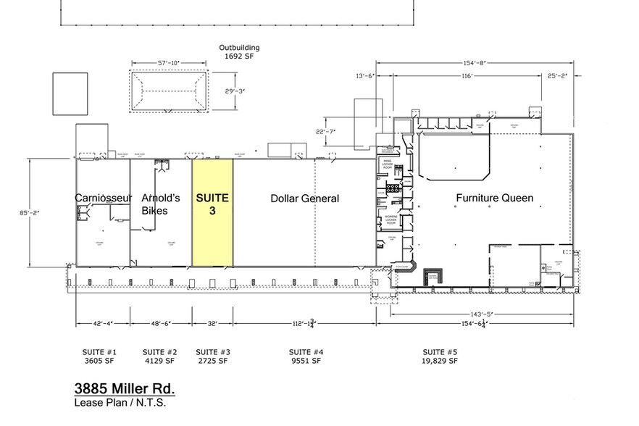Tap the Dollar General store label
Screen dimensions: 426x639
[x=304, y=199]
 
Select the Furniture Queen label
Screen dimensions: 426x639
[x=494, y=198]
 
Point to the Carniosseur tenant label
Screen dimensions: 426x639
[x=103, y=198]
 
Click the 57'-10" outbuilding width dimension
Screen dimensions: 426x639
[x=169, y=63]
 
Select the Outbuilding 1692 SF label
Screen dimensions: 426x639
[x=239, y=51]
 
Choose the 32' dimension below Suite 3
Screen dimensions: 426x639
[x=212, y=324]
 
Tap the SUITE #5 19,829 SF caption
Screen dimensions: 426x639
[x=440, y=356]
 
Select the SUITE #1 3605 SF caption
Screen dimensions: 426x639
[x=101, y=356]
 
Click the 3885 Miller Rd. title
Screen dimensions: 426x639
[x=125, y=389]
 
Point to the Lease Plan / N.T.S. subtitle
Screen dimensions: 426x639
[x=120, y=403]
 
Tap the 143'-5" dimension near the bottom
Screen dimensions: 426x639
[x=480, y=314]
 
